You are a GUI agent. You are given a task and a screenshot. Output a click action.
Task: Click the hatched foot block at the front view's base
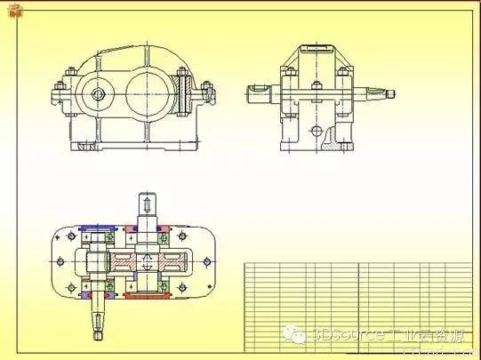pos(86,147)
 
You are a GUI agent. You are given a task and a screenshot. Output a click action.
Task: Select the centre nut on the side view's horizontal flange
pos(317,89)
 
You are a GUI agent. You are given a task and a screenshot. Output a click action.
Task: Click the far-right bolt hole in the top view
pos(206,261)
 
